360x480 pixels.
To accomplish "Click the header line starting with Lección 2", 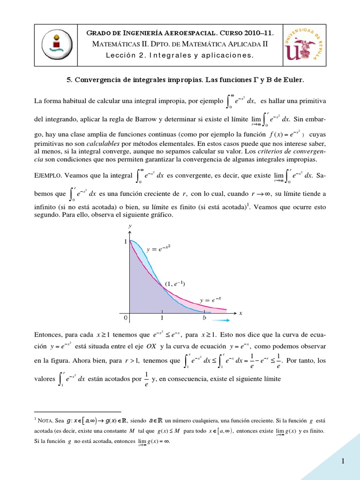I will [180, 56].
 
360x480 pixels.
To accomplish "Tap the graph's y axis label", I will [129, 226].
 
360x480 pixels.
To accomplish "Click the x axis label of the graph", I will [240, 313].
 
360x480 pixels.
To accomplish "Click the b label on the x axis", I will [204, 318].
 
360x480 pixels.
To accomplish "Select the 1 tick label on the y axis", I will [125, 241].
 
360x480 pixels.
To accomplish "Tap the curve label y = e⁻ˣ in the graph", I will [210, 299].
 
